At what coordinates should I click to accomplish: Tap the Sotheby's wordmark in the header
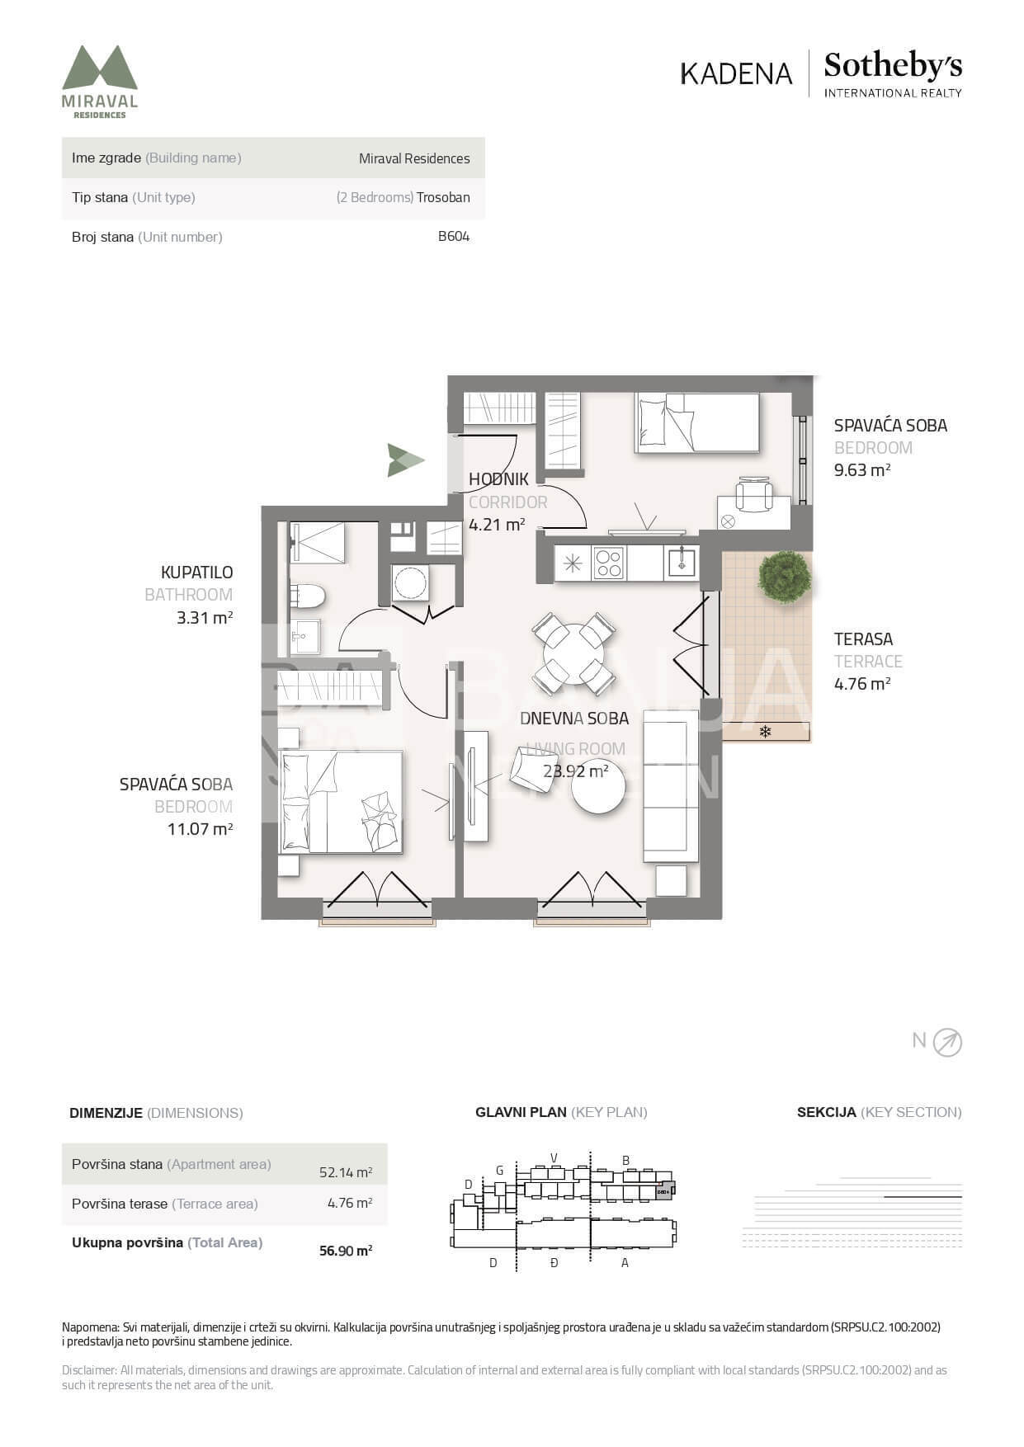coord(893,65)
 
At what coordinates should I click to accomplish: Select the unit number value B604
coord(454,237)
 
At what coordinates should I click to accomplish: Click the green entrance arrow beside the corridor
coord(405,460)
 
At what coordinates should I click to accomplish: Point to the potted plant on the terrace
coord(784,576)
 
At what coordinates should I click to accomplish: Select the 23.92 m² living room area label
coord(576,771)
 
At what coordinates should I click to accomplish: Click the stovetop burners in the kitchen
coord(609,563)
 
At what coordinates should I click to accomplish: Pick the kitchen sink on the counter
coord(682,563)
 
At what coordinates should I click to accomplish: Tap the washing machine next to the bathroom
coord(410,583)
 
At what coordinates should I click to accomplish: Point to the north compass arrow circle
coord(947,1043)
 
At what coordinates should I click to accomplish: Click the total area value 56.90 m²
coord(346,1251)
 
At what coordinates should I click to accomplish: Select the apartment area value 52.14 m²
coord(346,1172)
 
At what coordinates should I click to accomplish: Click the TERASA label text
coord(863,639)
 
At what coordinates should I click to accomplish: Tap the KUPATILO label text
coord(196,573)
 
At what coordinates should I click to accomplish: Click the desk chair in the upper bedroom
coord(755,493)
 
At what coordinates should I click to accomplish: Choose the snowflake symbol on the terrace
coord(765,731)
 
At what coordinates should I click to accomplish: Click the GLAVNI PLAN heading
coord(521,1112)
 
